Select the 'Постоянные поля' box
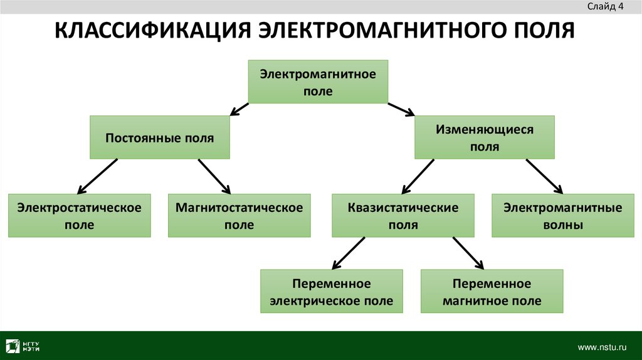click(x=159, y=137)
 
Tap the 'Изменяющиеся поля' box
click(x=485, y=137)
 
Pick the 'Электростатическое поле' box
click(x=79, y=216)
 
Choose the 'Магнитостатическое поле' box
click(x=239, y=216)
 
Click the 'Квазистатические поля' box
click(x=403, y=216)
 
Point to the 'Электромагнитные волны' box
click(x=563, y=216)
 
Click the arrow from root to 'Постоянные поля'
click(x=239, y=110)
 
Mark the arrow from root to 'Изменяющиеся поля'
click(x=401, y=109)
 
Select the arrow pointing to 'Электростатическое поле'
click(x=97, y=176)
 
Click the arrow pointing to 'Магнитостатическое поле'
click(x=215, y=176)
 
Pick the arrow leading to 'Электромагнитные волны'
click(x=545, y=176)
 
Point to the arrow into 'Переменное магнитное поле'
click(x=469, y=252)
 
